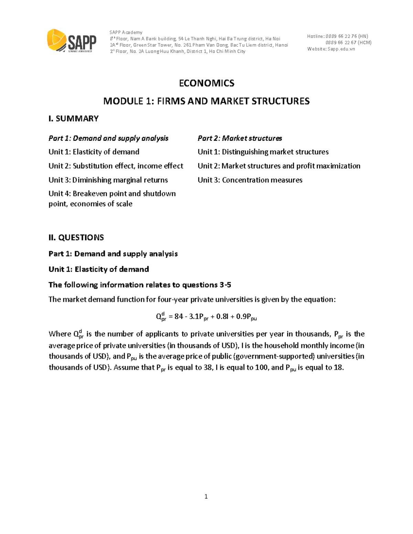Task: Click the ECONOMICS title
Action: coord(206,83)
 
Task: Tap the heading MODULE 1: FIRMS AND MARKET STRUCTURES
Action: coord(206,101)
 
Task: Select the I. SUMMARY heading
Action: coord(74,119)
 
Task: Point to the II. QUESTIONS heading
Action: coord(76,238)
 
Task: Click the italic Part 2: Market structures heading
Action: coord(240,138)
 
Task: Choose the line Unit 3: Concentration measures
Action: coord(250,180)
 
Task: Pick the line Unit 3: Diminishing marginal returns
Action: coord(108,180)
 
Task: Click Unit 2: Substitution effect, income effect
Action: coord(116,166)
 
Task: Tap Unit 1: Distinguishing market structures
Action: coord(263,152)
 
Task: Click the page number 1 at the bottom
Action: coord(206,497)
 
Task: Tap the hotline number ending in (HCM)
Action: coord(348,43)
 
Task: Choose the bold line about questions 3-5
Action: coord(140,285)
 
